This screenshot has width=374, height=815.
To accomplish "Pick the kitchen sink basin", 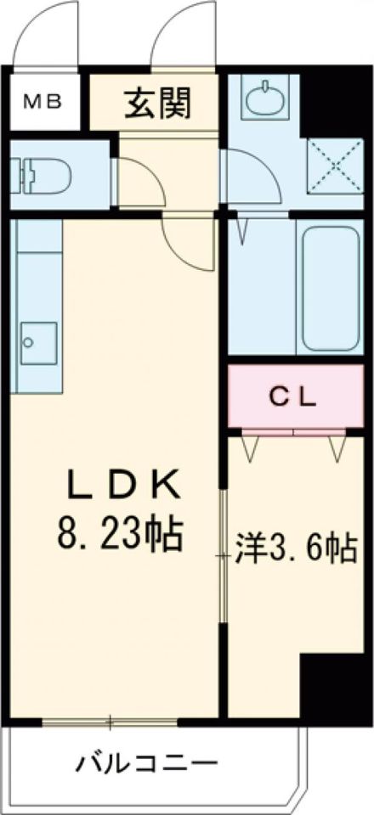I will coord(37,344).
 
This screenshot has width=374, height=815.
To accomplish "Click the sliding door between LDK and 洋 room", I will coord(224,556).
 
